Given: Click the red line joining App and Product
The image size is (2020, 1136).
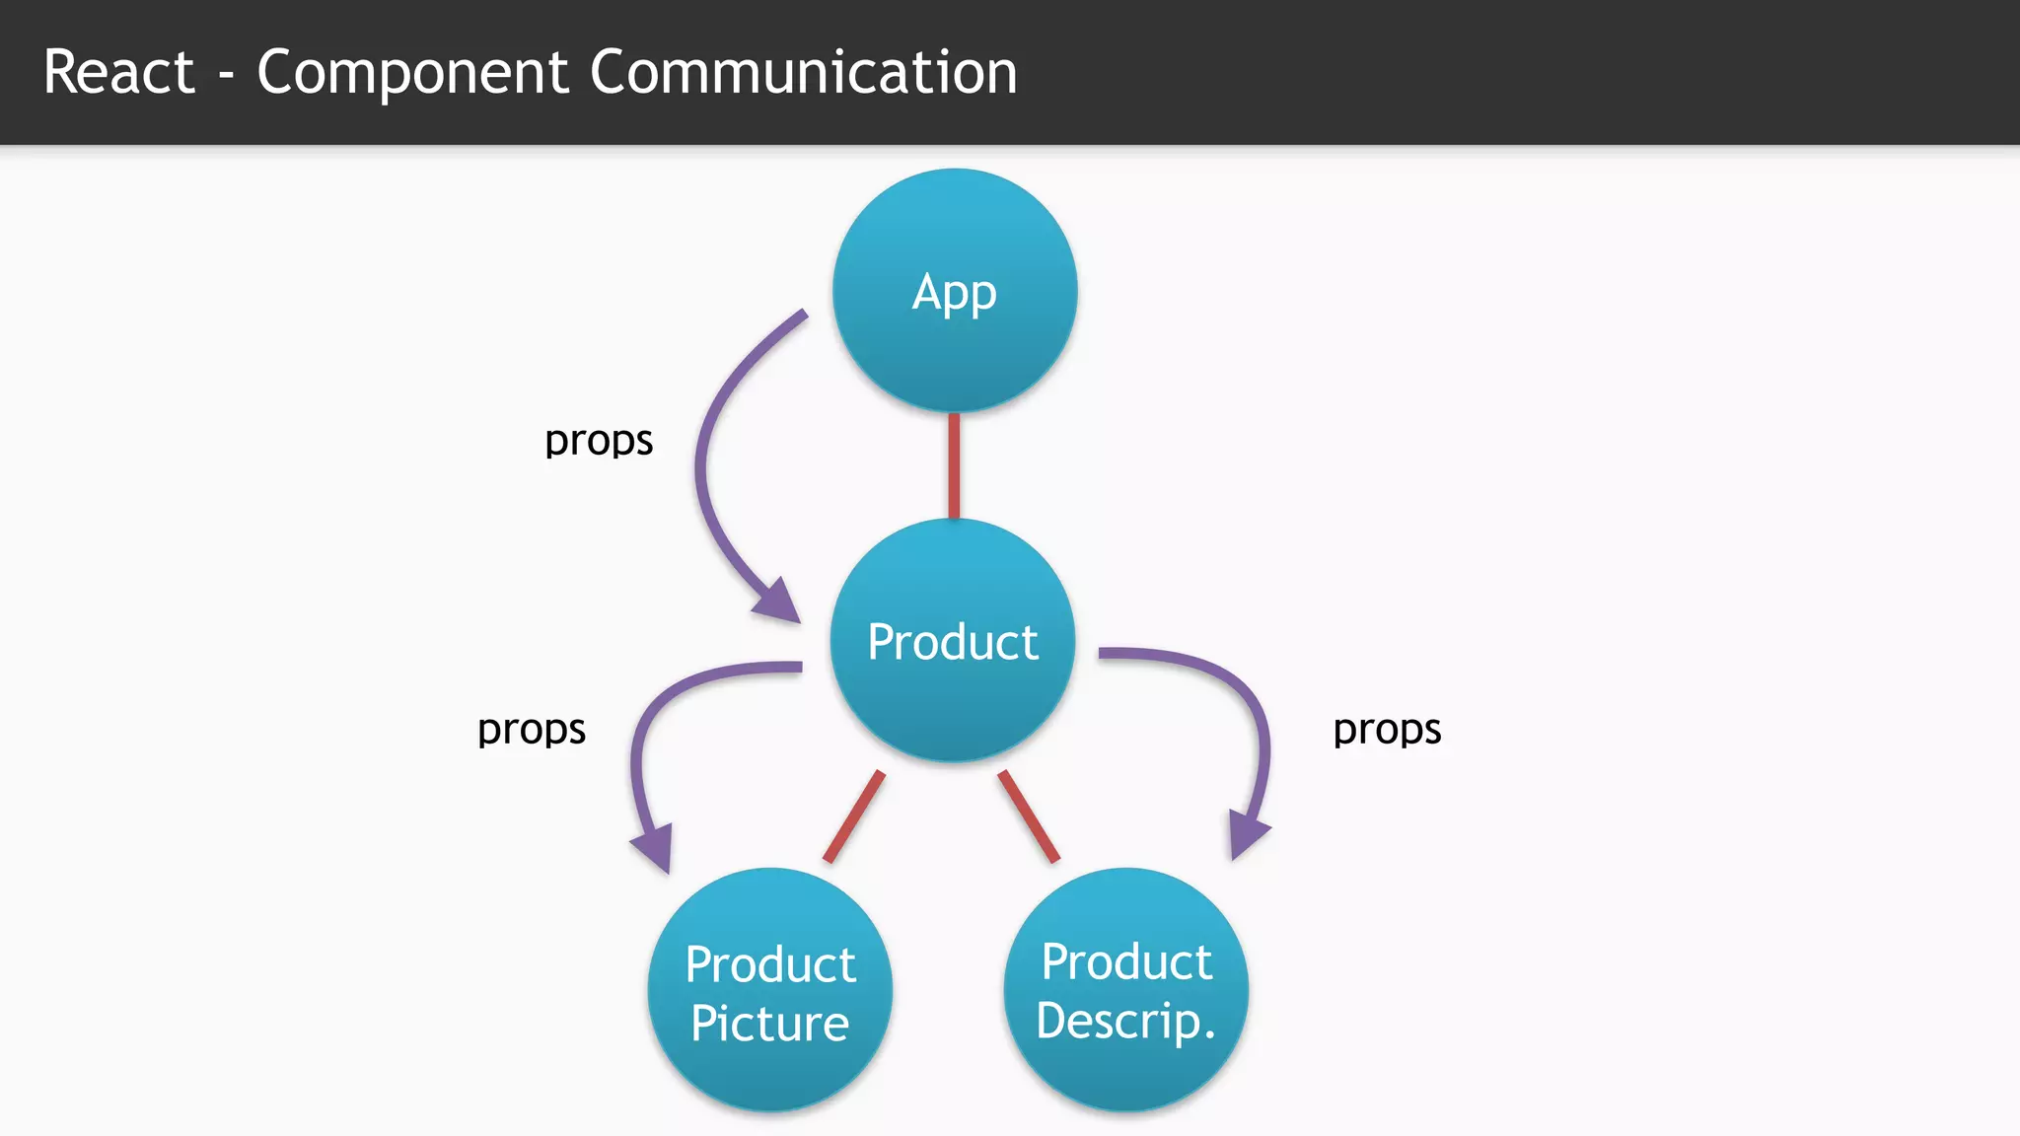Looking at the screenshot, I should [954, 465].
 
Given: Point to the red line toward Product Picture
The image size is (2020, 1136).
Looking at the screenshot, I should [854, 816].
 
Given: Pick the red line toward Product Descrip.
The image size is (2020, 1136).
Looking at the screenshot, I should [1029, 816].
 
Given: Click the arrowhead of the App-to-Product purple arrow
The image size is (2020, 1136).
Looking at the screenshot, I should [779, 602].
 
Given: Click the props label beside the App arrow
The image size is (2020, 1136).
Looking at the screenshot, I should [599, 441].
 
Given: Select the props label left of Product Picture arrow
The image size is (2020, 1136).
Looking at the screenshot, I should [532, 730].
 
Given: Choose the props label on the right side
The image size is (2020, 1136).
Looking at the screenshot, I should [1387, 730].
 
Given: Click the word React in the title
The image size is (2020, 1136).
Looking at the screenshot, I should [119, 72].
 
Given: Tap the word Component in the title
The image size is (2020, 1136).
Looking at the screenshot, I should [412, 72].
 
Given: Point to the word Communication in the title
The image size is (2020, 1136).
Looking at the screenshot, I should [804, 72].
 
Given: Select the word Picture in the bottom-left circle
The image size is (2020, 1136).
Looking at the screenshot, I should [769, 1024].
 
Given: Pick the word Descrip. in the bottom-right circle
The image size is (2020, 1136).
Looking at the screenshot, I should [1125, 1021].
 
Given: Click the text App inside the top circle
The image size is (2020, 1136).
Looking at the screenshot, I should [954, 294].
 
